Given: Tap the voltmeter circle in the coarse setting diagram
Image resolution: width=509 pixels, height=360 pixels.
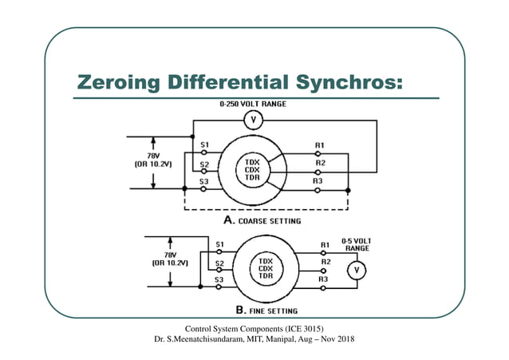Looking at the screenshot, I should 254,121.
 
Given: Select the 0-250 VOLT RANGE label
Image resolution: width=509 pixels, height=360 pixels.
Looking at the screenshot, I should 253,104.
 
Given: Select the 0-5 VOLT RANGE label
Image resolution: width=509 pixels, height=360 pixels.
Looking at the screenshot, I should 355,243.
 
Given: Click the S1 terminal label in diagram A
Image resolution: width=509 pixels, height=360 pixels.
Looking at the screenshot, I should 204,144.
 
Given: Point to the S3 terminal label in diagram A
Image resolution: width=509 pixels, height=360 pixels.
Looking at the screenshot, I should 204,182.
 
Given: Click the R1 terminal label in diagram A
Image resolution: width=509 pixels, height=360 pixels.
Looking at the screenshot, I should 320,144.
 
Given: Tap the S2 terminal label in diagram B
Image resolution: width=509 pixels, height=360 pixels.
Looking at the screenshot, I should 219,262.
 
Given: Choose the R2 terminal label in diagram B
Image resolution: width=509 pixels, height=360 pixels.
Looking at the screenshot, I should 325,261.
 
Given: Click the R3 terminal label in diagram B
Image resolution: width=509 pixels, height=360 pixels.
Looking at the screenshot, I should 324,279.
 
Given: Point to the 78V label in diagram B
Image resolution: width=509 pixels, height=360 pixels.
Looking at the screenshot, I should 170,253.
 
